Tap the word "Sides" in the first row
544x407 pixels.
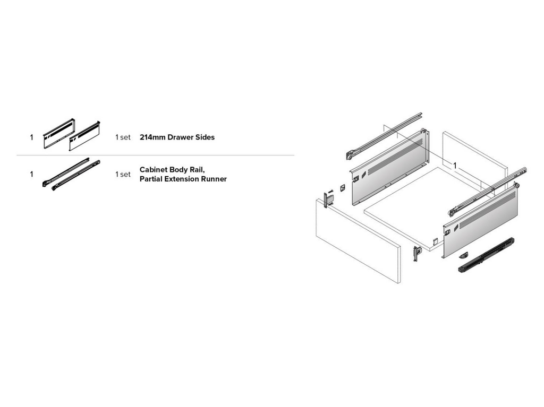coord(205,137)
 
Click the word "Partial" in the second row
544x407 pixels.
coord(152,179)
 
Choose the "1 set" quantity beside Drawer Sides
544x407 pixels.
coord(122,137)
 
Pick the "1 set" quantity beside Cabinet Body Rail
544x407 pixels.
coord(122,174)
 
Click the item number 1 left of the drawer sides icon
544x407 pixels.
coord(31,137)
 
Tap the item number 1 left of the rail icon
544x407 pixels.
coord(31,174)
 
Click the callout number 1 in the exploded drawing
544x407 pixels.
coord(455,166)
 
